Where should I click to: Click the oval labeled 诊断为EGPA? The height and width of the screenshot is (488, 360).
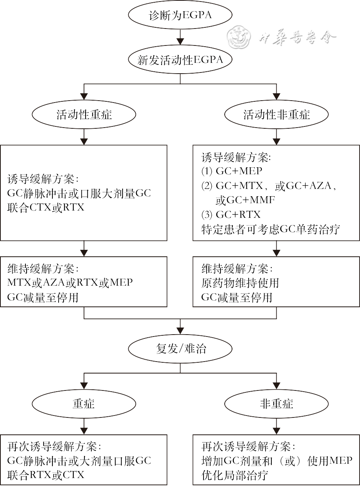coord(180,16)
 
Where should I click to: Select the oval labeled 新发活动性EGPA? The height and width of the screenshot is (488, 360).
coord(180,60)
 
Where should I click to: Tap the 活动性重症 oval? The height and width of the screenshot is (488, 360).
coord(84,115)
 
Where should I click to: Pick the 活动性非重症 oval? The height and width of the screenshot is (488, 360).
coord(276,115)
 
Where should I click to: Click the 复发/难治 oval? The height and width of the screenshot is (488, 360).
coord(180,349)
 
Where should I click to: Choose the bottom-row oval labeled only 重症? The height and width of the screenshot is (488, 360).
coord(84,404)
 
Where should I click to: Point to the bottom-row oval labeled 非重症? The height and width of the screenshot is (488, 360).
coord(276,404)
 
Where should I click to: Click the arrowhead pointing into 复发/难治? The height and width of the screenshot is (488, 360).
coord(180,331)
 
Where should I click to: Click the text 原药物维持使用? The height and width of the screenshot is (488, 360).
coord(240,283)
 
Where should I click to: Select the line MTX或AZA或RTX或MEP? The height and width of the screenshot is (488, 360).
coord(70,283)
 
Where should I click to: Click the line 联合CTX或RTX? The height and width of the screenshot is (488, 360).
coord(45,207)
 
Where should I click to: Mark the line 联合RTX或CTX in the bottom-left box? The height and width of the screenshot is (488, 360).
coord(45,475)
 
